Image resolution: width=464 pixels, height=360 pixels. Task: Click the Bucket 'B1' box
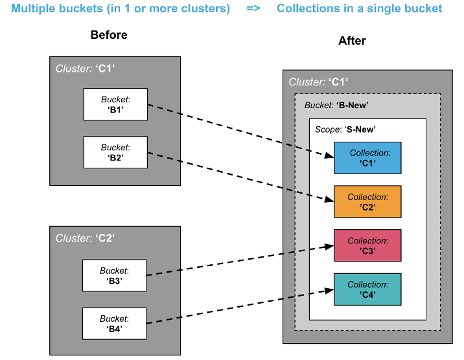pos(115,104)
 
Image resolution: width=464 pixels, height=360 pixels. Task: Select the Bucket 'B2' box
pos(115,152)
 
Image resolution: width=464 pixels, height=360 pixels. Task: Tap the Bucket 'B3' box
pos(114,275)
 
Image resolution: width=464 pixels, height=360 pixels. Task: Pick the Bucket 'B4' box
pos(114,323)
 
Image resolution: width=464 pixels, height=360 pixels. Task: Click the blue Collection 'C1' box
pos(367,158)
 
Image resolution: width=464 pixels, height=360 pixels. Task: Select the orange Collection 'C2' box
pos(367,201)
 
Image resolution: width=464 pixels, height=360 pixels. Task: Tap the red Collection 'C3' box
pos(367,245)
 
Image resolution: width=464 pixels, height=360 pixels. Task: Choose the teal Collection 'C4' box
pos(367,289)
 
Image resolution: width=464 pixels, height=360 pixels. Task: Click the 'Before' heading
pos(109,35)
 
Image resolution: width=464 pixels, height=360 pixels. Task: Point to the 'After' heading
pos(352,41)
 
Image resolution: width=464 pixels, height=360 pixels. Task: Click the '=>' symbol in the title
pos(253,9)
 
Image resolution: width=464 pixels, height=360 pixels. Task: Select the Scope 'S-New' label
pos(345,129)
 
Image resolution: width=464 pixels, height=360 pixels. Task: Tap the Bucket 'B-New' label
pos(336,106)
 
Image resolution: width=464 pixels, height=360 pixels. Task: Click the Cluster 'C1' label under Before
pos(86,68)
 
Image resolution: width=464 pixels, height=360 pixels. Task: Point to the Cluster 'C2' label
pos(85,238)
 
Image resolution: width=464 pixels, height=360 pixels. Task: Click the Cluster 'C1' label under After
pos(318,82)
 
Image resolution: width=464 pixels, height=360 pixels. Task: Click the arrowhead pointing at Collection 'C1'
pos(329,155)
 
